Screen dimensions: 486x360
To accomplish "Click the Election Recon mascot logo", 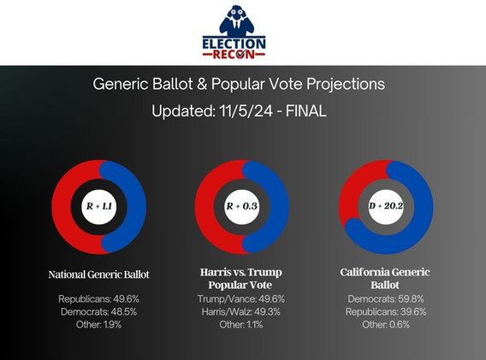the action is click(234, 32).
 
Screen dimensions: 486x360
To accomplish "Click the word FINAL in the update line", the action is click(305, 111).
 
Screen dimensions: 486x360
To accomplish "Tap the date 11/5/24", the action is click(246, 111).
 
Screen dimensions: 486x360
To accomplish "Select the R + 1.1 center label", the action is click(99, 206).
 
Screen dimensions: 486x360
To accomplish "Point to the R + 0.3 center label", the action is click(242, 206).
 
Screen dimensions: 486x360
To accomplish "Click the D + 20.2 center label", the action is click(386, 206).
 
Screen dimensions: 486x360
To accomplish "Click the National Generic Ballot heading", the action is click(99, 274).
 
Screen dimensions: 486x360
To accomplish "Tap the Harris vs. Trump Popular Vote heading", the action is click(240, 278).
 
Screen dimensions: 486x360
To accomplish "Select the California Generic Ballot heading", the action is click(385, 278).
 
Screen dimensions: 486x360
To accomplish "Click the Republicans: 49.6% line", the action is click(99, 299).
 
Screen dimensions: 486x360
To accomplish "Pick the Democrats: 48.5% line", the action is click(99, 311).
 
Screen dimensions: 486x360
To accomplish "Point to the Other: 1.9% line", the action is click(99, 325).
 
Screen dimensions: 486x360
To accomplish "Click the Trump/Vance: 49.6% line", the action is click(240, 299).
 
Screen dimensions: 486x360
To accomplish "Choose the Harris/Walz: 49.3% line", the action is click(240, 311).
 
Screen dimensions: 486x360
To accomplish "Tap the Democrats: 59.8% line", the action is click(386, 299).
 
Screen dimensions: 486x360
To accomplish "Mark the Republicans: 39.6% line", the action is click(386, 311).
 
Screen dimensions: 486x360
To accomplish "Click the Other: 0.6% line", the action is click(386, 325).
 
